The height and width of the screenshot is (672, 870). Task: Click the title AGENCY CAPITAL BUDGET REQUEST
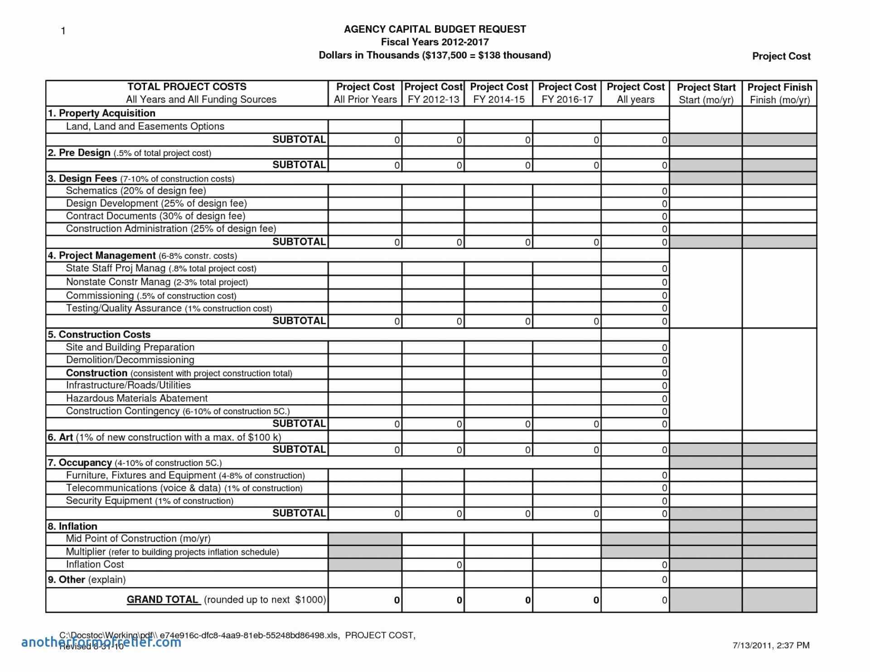point(435,29)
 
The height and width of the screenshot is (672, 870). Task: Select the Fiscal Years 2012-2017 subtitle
point(435,42)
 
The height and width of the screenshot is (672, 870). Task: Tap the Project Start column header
point(706,93)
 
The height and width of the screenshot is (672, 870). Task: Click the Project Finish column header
point(779,93)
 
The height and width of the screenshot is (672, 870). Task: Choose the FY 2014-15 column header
point(498,93)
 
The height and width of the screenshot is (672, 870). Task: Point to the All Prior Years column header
point(365,93)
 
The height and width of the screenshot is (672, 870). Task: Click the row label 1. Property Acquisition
point(101,113)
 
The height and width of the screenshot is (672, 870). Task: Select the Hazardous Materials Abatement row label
point(136,398)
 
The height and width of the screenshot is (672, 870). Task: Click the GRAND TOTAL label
point(162,599)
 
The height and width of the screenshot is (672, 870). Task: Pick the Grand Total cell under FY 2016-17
point(567,600)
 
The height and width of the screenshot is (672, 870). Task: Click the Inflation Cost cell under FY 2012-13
point(433,565)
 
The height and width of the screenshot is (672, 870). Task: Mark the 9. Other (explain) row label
point(87,580)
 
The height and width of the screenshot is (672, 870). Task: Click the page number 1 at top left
point(63,31)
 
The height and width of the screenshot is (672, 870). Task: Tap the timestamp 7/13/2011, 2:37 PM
point(771,645)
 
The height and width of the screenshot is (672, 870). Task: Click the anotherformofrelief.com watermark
point(101,642)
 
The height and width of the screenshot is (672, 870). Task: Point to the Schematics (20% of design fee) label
point(136,191)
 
